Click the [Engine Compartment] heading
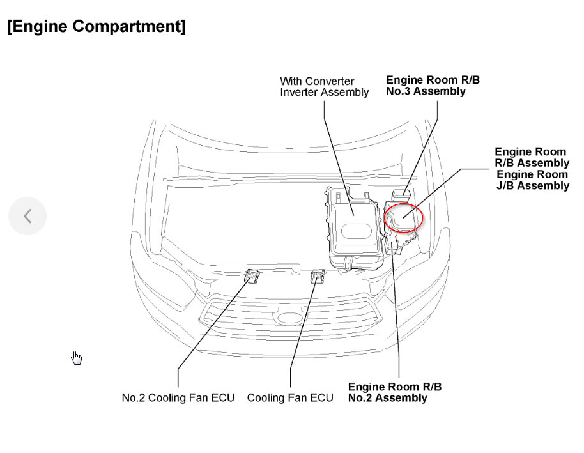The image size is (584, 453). pyautogui.click(x=96, y=27)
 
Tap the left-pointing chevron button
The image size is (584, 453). pyautogui.click(x=27, y=216)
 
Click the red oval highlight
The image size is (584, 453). pyautogui.click(x=404, y=217)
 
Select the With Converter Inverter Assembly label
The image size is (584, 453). pyautogui.click(x=324, y=87)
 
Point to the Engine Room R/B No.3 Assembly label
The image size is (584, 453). pyautogui.click(x=433, y=86)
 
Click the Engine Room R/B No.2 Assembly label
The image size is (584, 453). pyautogui.click(x=394, y=392)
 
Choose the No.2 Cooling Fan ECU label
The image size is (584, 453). pyautogui.click(x=178, y=398)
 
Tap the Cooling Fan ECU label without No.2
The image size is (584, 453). pyautogui.click(x=290, y=398)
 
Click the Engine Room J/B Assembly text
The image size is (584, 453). pyautogui.click(x=532, y=180)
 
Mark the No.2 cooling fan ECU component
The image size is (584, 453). pyautogui.click(x=252, y=278)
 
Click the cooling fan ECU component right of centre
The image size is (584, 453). pyautogui.click(x=317, y=277)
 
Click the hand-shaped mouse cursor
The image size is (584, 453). pyautogui.click(x=77, y=358)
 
